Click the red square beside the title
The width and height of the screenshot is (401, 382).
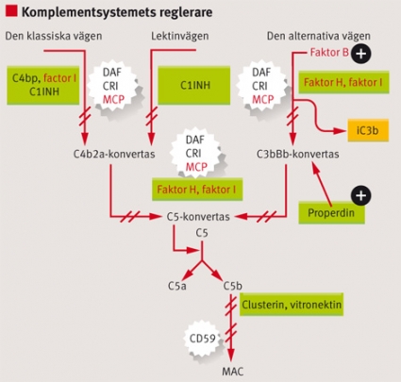tap(11, 11)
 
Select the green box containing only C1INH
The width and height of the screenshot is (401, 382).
tap(193, 85)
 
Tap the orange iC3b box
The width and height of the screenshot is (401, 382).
tap(368, 130)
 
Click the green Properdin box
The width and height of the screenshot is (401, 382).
tap(331, 213)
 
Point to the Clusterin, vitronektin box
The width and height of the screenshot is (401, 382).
tap(292, 305)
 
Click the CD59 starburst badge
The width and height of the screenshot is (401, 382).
tap(203, 339)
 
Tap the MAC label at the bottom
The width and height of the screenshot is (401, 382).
tap(232, 372)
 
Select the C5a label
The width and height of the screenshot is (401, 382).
tap(176, 286)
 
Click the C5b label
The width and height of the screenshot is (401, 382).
tap(233, 286)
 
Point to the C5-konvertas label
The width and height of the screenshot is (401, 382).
tap(198, 217)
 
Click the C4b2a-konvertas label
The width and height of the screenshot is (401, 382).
tap(114, 154)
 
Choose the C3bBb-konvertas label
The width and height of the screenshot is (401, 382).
tap(298, 154)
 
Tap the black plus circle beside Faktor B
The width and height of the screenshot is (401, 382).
tap(361, 54)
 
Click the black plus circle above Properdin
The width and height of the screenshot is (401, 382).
tap(361, 195)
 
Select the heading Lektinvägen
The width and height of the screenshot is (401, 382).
tap(180, 36)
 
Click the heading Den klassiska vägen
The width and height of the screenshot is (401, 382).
tap(54, 36)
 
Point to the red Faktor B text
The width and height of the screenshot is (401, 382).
tap(329, 52)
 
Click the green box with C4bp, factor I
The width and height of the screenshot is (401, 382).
tap(43, 85)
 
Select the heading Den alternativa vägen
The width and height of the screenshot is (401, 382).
tap(319, 36)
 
